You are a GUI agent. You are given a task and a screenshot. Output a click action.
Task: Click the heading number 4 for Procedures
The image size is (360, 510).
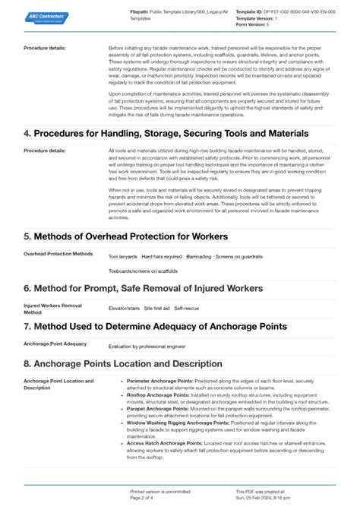(27, 133)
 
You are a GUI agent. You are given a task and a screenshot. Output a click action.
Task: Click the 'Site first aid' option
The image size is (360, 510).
(158, 308)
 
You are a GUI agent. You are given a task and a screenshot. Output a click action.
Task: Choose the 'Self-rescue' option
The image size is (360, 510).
(187, 308)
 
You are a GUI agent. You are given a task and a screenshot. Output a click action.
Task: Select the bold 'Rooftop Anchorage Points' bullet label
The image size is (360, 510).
(158, 395)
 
